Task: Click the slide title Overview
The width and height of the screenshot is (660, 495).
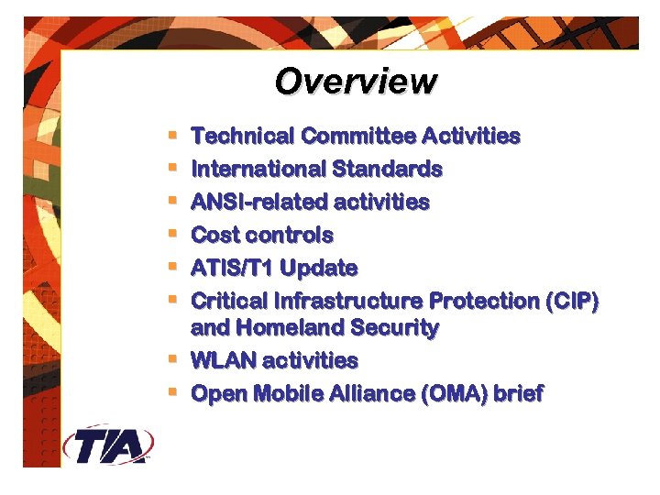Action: [356, 82]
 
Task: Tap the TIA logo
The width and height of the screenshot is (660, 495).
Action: [108, 445]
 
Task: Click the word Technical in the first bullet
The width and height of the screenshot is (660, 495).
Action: [243, 137]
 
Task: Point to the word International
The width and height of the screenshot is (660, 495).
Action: [258, 170]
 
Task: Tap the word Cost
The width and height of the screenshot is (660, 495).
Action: [214, 235]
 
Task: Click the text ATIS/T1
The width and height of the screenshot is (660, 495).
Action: [232, 269]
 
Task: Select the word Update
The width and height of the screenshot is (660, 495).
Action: [319, 269]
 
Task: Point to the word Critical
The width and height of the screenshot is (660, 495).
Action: [225, 301]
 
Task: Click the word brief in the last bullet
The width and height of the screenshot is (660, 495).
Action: [518, 394]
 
